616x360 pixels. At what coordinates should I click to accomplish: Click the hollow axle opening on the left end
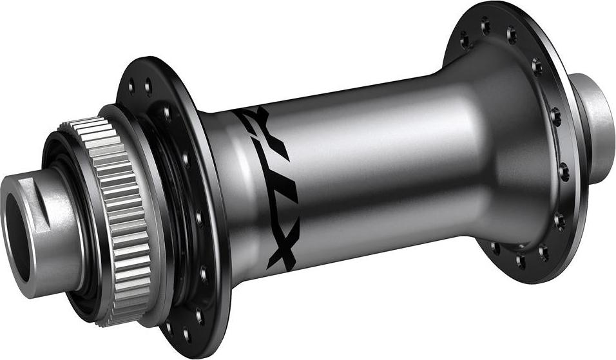coord(17,239)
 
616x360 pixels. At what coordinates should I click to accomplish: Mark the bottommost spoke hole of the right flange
coord(521,260)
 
